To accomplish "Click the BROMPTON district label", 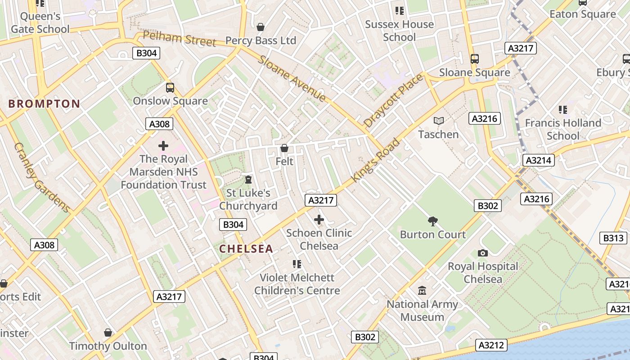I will tap(44, 104).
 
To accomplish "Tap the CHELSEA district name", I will tap(246, 249).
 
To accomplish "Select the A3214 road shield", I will tap(539, 160).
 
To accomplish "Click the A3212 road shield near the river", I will tap(492, 345).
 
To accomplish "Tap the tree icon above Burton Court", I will tap(433, 221).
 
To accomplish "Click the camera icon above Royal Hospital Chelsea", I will tap(483, 253).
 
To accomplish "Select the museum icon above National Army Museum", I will tap(422, 291).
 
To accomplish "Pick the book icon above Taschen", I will tap(438, 121).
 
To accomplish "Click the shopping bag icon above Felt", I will tap(284, 148).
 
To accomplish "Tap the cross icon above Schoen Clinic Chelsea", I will tap(319, 220).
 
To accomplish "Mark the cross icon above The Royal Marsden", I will tap(163, 145).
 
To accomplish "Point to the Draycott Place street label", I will tap(393, 101).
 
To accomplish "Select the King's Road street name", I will tap(375, 161).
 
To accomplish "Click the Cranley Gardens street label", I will tap(41, 178).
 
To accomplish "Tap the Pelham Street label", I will tap(179, 38).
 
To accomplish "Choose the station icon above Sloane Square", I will tap(474, 59).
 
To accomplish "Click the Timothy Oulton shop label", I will tap(108, 346).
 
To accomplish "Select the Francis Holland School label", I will tap(563, 129).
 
